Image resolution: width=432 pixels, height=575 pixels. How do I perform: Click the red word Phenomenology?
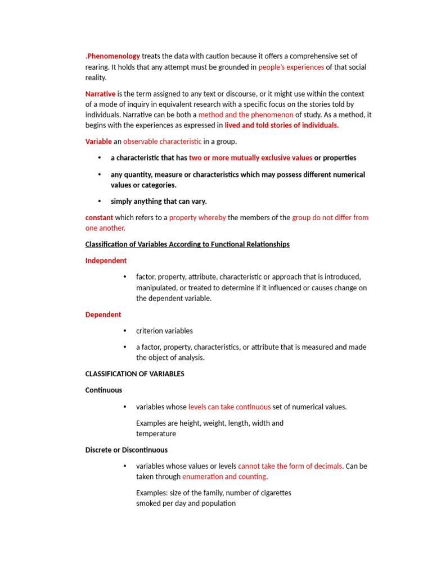coord(113,56)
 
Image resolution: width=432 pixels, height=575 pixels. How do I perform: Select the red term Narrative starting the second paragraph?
coord(100,94)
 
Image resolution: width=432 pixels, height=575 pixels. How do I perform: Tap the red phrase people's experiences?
coord(291,67)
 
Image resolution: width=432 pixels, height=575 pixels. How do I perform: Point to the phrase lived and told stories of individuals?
coord(281,125)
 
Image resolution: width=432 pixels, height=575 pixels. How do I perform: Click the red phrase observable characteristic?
coord(162,142)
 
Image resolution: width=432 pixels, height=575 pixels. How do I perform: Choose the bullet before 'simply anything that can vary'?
coord(100,201)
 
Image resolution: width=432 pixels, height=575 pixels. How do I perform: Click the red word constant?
coord(99,217)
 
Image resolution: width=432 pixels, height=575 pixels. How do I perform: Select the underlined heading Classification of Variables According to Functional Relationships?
coord(187,244)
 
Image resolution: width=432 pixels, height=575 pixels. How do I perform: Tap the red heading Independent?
coord(106,261)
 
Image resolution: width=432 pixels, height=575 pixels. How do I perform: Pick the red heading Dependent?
coord(103,314)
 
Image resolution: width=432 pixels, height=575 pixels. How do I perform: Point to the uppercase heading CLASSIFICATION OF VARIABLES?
coord(134,374)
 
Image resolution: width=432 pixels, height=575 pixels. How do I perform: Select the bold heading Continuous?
coord(103,390)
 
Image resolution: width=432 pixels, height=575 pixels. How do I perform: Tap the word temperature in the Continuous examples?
coord(156,433)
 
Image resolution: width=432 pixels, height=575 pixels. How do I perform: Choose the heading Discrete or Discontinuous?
coord(126,450)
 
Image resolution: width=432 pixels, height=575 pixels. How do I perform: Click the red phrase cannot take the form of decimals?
coord(290,466)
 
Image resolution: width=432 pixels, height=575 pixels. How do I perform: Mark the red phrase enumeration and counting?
coord(224,477)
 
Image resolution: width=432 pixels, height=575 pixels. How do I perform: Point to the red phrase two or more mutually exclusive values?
coord(250,158)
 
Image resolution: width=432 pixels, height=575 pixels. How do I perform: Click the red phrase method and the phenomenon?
coord(246,115)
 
